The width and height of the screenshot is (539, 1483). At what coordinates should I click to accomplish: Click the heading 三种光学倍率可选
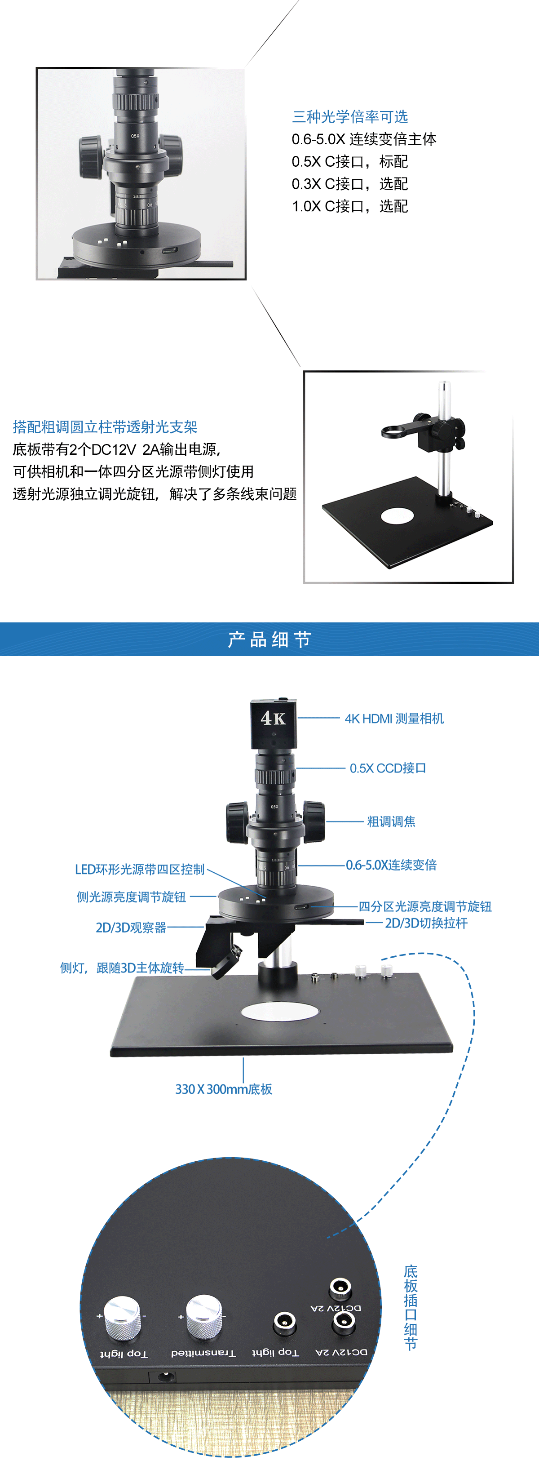tap(350, 117)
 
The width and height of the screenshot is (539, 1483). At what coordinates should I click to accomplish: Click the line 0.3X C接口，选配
tap(350, 184)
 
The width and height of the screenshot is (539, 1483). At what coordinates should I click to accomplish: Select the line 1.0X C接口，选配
tap(350, 206)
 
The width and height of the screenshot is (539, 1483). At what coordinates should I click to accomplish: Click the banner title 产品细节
tap(269, 639)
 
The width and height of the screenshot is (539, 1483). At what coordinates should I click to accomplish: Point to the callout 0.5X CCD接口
tap(388, 768)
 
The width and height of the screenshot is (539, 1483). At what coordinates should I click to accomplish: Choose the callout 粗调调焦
tap(391, 821)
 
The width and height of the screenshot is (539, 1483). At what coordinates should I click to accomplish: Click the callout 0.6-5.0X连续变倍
tap(391, 865)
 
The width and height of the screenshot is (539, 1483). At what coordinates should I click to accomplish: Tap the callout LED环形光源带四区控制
tap(140, 869)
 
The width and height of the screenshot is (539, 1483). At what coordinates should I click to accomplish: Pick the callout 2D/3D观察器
tap(131, 928)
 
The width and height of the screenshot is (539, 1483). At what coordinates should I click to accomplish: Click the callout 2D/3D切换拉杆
tap(426, 923)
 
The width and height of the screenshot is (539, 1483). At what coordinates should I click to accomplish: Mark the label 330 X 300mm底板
tap(224, 1089)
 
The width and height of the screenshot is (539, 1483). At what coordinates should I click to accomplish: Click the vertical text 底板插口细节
tap(410, 1307)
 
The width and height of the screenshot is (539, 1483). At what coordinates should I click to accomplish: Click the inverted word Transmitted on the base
tap(203, 1353)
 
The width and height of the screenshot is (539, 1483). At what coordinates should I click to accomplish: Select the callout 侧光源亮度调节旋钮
tap(131, 897)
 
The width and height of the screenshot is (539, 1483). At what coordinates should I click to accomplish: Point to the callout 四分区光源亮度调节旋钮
tap(425, 907)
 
